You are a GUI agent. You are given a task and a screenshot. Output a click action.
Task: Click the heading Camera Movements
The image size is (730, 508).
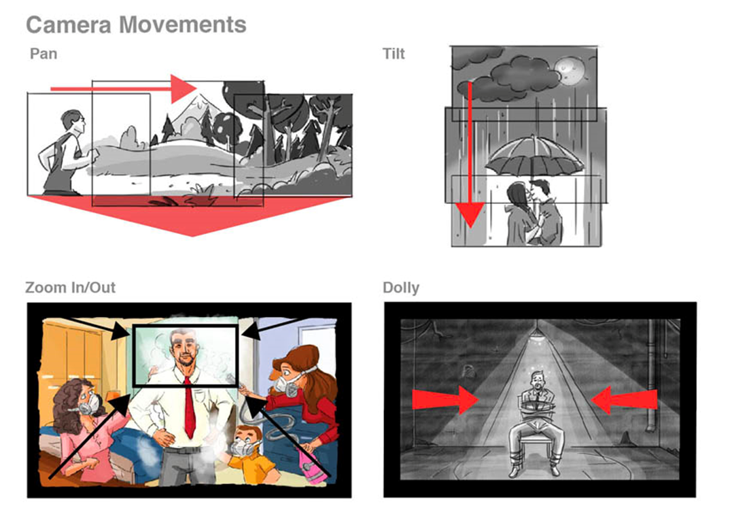[136, 24]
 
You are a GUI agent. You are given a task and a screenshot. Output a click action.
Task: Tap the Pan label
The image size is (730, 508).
[44, 54]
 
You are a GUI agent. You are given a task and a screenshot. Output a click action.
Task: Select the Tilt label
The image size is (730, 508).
[394, 54]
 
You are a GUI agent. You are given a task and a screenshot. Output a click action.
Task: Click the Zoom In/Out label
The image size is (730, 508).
[70, 287]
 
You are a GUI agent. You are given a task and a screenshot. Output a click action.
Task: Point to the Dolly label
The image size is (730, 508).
[401, 288]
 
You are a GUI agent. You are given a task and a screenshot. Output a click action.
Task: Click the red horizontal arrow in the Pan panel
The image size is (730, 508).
[124, 88]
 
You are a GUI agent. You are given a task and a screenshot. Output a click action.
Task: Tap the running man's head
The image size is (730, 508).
[73, 122]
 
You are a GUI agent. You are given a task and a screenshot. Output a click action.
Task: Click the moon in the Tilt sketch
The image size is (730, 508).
[569, 70]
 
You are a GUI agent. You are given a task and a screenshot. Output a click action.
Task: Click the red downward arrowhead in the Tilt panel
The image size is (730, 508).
[470, 215]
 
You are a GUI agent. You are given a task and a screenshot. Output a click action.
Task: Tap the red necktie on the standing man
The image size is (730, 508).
[189, 407]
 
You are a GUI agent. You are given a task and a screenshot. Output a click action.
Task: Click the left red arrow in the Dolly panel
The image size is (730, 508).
[445, 399]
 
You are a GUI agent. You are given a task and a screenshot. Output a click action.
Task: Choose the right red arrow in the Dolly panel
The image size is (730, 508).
[624, 399]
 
